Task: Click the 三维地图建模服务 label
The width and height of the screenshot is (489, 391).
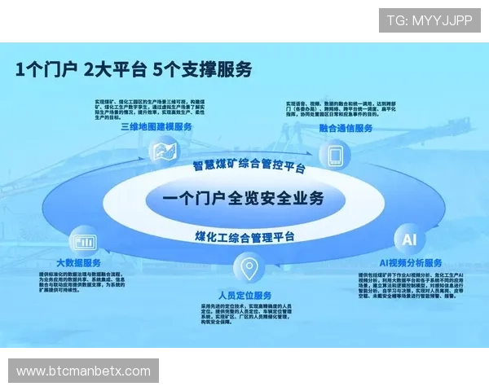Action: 156,127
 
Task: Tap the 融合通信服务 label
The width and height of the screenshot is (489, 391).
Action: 346,128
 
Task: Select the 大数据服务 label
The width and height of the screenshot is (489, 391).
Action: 79,262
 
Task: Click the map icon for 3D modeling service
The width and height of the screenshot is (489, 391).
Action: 164,152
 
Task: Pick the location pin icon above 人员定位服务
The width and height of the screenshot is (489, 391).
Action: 248,269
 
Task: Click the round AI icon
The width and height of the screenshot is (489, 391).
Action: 409,239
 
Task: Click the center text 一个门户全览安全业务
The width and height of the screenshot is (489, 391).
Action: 243,198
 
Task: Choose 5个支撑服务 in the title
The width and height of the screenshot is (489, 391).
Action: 201,69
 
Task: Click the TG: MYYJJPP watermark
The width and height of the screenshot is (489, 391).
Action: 430,20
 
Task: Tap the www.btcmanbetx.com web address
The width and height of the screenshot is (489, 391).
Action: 84,371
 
